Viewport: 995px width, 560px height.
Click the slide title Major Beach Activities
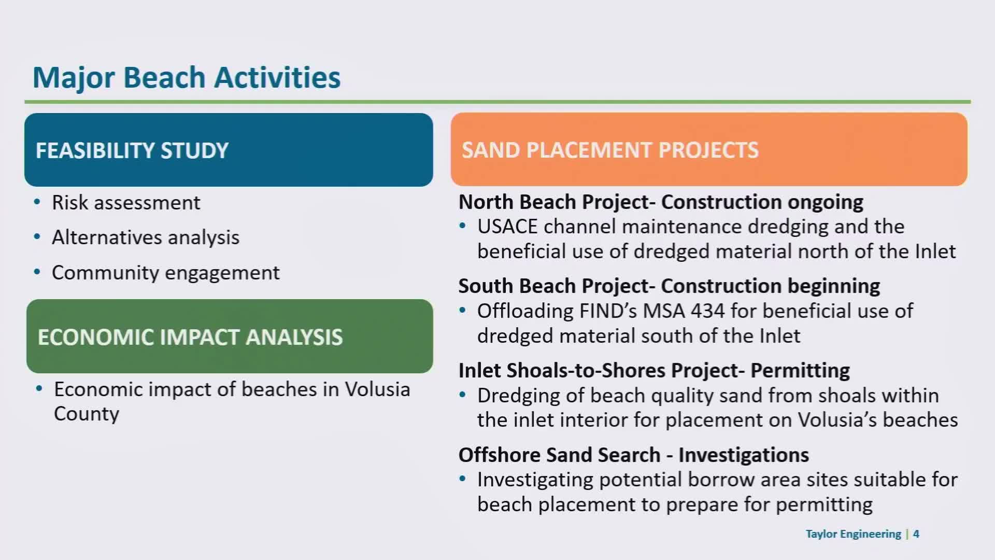(187, 78)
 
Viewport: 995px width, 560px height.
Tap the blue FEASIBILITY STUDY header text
(132, 150)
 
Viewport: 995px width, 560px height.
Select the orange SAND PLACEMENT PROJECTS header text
(610, 150)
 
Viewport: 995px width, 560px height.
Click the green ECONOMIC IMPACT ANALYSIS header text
(190, 337)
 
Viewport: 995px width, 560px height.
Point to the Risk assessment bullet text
(126, 203)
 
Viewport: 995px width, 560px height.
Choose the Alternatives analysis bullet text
(146, 237)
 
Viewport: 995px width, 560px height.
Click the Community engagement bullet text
(166, 273)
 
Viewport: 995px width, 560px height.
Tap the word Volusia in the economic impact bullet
(377, 389)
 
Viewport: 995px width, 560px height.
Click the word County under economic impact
(87, 414)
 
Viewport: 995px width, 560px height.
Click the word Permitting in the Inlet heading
(800, 371)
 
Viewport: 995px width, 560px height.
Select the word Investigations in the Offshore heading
(744, 455)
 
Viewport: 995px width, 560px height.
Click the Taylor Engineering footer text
(854, 534)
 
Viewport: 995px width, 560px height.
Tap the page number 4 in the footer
(916, 534)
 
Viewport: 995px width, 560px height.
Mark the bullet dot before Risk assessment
(37, 202)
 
